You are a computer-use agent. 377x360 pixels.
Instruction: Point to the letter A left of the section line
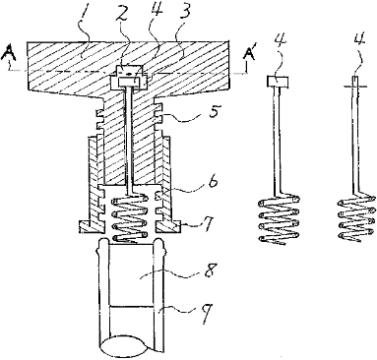(10, 53)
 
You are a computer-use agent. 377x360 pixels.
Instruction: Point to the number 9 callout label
(207, 312)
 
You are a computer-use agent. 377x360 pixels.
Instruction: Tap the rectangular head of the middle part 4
(277, 82)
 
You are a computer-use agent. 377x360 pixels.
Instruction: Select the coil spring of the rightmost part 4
(355, 218)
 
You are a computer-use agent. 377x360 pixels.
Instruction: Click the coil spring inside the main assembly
(129, 218)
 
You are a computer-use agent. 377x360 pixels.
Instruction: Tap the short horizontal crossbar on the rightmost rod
(356, 87)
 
